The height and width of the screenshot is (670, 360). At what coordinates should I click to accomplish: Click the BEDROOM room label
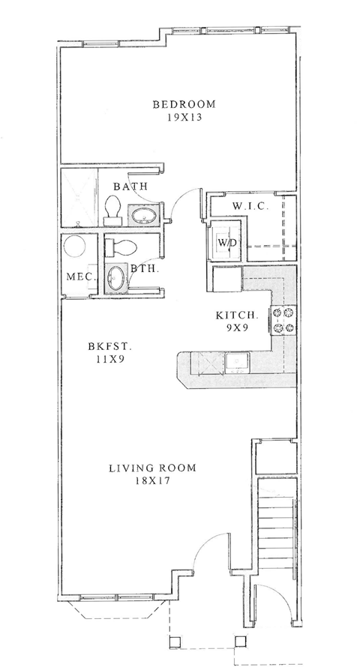[x=184, y=104]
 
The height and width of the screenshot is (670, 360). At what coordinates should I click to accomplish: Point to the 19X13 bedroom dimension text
[x=184, y=117]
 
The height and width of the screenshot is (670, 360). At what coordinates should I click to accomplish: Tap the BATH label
[x=129, y=186]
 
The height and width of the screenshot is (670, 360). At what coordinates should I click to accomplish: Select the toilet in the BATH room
[x=113, y=209]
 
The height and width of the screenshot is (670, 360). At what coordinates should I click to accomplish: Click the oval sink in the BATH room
[x=142, y=217]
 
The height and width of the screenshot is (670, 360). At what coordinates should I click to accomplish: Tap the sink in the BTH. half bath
[x=116, y=278]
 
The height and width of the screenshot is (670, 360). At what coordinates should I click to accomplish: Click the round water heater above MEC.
[x=75, y=247]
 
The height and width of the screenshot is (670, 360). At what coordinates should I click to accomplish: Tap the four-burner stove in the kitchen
[x=286, y=321]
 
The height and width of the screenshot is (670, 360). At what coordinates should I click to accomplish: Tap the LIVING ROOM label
[x=152, y=468]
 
